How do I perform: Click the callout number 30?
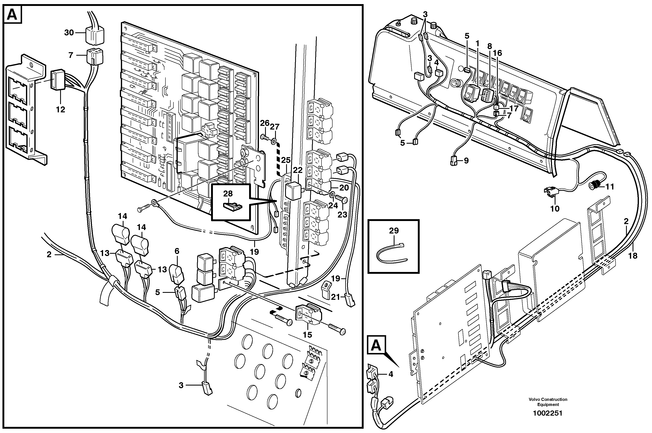click(x=69, y=33)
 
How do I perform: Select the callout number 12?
click(x=60, y=110)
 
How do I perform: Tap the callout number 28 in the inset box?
click(x=228, y=194)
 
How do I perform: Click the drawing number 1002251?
click(x=548, y=413)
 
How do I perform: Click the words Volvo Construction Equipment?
click(x=548, y=402)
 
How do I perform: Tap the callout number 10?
click(x=555, y=209)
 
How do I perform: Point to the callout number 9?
click(x=466, y=161)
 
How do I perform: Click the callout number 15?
click(x=307, y=335)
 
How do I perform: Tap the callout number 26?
click(x=265, y=123)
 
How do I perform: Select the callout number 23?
click(x=342, y=215)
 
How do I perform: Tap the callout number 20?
click(x=344, y=188)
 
